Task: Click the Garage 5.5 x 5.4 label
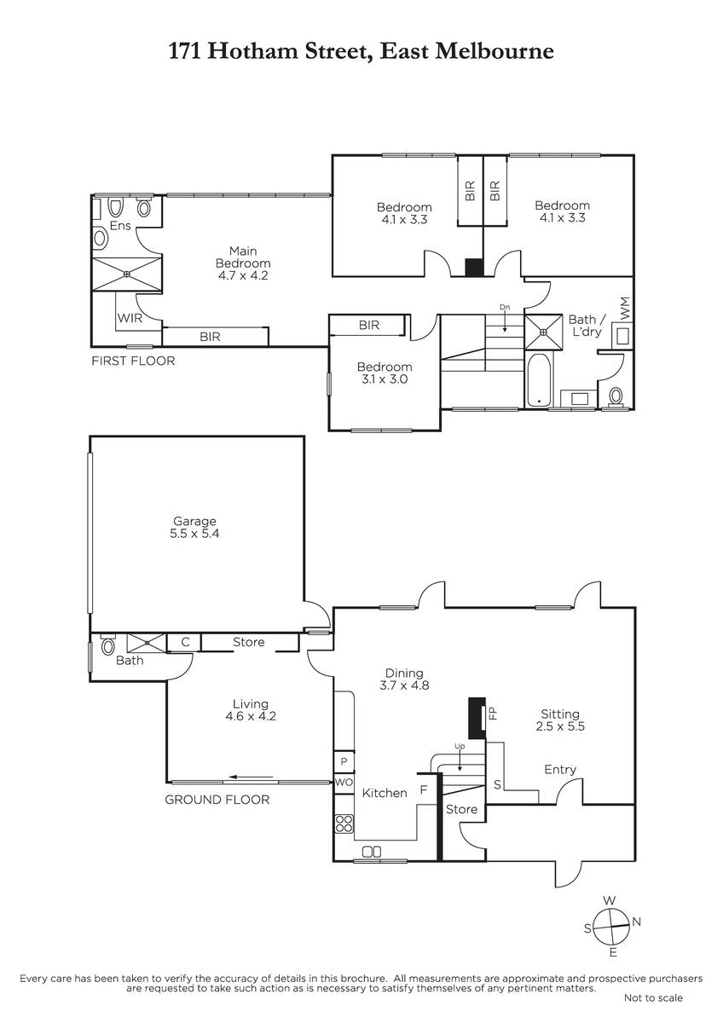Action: tap(194, 527)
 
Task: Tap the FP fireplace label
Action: tap(494, 713)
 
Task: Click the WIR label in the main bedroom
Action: tap(130, 318)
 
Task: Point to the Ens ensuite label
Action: tap(120, 226)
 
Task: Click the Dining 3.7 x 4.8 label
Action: tap(404, 679)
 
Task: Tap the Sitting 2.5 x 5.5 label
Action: tap(560, 720)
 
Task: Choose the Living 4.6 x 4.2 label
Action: tap(251, 709)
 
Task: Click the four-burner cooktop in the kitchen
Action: tap(344, 823)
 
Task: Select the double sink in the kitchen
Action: tap(372, 852)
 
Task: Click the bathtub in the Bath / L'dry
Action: tap(539, 380)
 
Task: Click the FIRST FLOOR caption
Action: tap(133, 361)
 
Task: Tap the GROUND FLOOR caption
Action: tap(217, 800)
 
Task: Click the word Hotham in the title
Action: tap(252, 51)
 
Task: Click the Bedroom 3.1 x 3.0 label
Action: tap(385, 373)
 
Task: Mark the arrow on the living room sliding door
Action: tap(252, 776)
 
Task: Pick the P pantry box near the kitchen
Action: tap(344, 761)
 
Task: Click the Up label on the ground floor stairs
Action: tap(460, 746)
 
